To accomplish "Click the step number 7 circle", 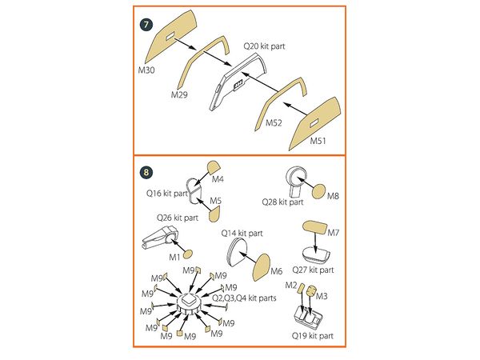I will tap(145, 22).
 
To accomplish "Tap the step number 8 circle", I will tap(145, 171).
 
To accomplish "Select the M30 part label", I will tap(146, 70).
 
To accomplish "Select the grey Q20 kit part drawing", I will tap(232, 88).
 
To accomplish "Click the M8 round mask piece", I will tap(317, 191).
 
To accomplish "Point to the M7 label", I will tap(334, 233).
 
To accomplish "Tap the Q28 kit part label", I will tap(283, 203).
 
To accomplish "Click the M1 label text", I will tap(174, 257).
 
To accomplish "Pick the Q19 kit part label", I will tap(317, 336).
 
